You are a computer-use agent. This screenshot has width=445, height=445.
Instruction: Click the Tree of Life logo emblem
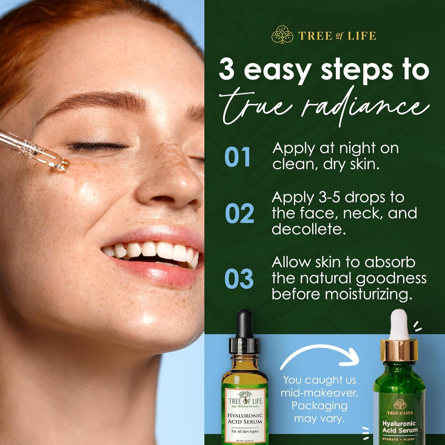[282, 35]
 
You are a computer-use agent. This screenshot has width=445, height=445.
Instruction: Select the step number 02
[239, 214]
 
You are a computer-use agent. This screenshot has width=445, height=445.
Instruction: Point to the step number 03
[239, 278]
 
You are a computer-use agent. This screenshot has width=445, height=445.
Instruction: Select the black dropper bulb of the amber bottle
[245, 323]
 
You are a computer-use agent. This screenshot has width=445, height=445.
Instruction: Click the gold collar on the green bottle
[399, 350]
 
